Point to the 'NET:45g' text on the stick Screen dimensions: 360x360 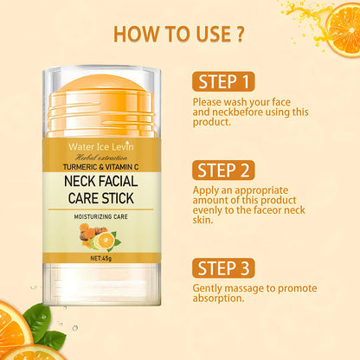(105, 256)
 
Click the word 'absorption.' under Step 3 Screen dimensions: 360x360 (218, 299)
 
